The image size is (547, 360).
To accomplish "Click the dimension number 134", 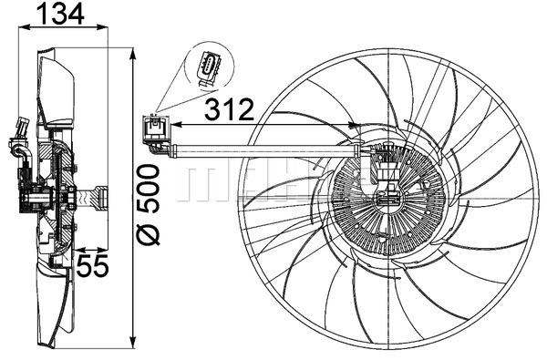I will coord(60,14).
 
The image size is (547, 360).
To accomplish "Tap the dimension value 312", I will coord(227,110).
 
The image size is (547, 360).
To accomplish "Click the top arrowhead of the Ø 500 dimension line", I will coord(134,51).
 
